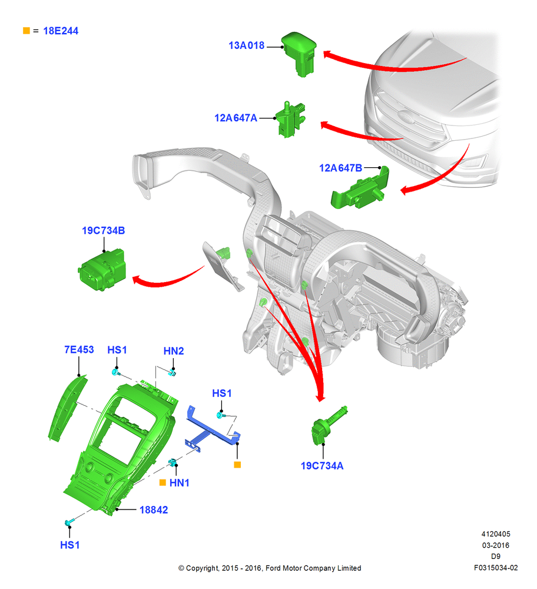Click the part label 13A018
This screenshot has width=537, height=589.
tap(246, 45)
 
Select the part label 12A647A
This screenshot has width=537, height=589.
tap(236, 118)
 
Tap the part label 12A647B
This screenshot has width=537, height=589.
tap(340, 168)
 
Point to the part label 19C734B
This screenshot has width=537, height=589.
tap(103, 231)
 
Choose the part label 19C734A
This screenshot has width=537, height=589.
tap(322, 466)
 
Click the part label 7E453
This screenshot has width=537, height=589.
tap(79, 350)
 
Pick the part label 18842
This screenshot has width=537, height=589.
tap(154, 509)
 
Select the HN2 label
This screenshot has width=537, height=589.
tap(174, 351)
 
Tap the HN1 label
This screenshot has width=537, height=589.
tap(179, 483)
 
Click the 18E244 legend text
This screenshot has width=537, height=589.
tap(61, 31)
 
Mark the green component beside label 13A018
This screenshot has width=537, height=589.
tap(299, 54)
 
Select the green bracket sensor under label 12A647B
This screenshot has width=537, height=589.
tap(360, 188)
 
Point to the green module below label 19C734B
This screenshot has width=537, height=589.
tap(102, 269)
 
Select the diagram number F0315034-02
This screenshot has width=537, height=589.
tap(496, 568)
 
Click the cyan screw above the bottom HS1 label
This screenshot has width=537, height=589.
tap(69, 522)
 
